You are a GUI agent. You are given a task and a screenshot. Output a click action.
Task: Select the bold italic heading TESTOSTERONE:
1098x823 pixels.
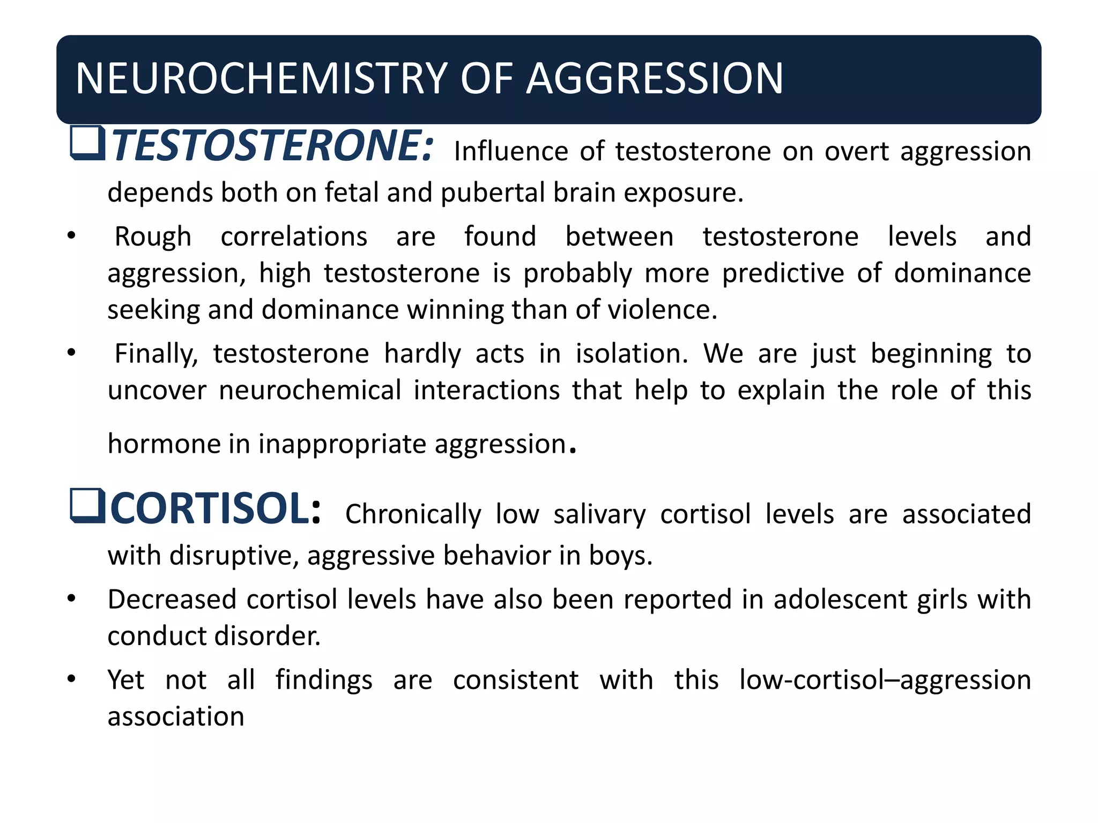click(272, 146)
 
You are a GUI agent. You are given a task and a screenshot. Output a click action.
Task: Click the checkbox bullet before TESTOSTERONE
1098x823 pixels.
click(87, 143)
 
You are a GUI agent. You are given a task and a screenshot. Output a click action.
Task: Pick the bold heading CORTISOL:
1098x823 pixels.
click(216, 508)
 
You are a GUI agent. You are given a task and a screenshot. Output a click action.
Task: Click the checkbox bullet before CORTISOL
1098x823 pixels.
click(87, 506)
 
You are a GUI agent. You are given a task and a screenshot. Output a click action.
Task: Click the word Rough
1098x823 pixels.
click(153, 237)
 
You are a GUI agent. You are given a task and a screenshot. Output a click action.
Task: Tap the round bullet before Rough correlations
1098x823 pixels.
click(72, 236)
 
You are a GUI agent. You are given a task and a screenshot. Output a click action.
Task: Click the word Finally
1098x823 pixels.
click(156, 355)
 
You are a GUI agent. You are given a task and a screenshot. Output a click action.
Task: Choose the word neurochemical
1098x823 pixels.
click(310, 391)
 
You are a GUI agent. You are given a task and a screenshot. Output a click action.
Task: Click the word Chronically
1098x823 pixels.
click(413, 514)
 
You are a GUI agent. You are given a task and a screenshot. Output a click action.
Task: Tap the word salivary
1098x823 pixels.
click(599, 514)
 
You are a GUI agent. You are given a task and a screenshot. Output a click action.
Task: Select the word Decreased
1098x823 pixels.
click(172, 600)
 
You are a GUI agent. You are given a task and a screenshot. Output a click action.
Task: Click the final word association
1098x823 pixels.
click(176, 717)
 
